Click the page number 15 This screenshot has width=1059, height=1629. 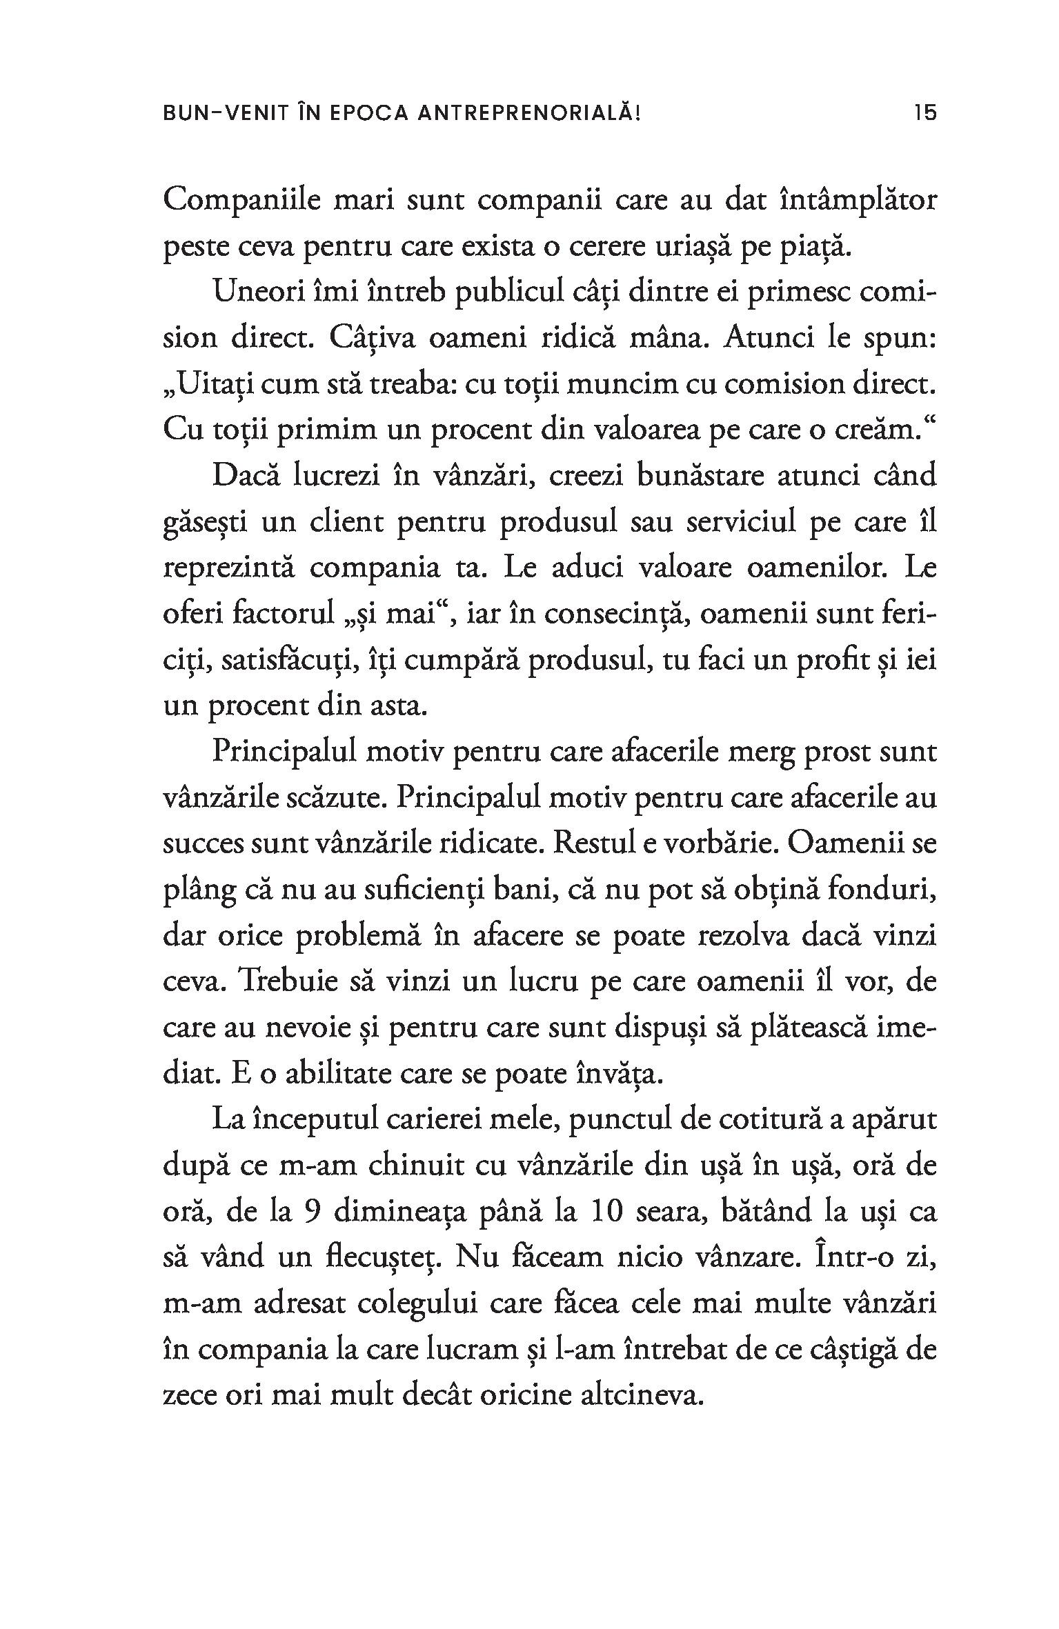925,112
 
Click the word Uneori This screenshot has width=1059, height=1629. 259,293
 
